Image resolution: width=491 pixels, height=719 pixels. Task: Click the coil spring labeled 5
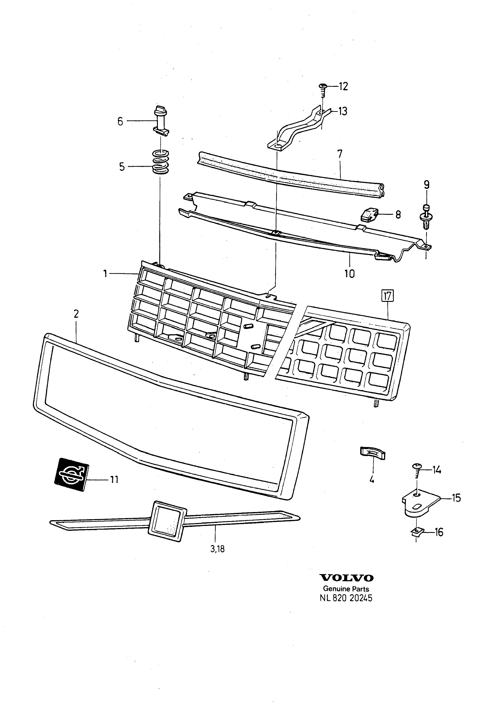click(x=161, y=162)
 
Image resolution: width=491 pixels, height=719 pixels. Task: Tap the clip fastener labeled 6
click(x=161, y=120)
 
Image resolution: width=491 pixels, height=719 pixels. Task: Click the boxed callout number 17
click(x=387, y=296)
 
